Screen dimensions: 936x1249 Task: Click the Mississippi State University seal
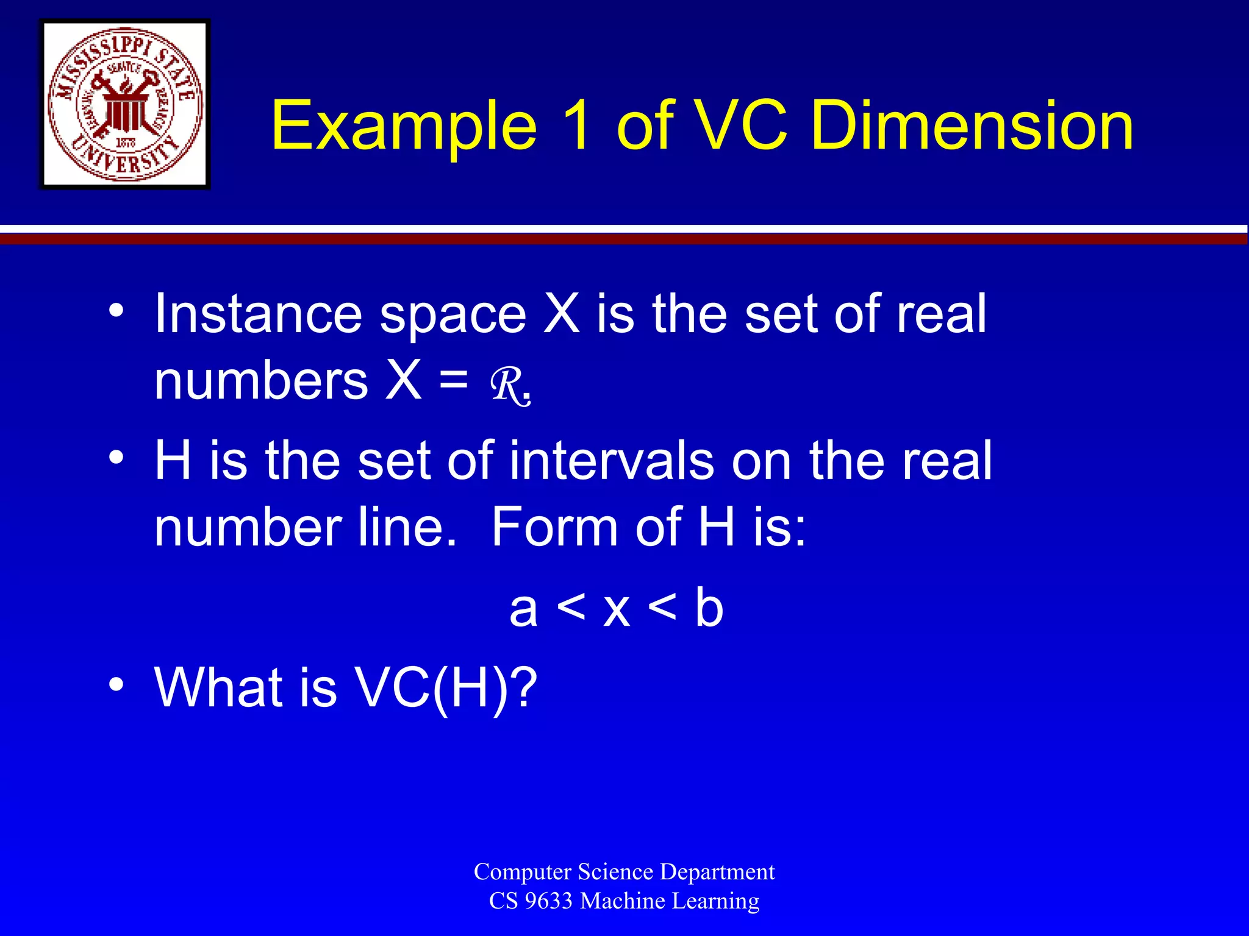pyautogui.click(x=125, y=104)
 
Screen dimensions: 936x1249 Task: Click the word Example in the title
pyautogui.click(x=404, y=126)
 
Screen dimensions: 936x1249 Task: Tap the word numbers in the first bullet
pyautogui.click(x=261, y=381)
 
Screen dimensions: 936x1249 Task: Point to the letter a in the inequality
pyautogui.click(x=523, y=609)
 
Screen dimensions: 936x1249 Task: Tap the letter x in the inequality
pyautogui.click(x=616, y=611)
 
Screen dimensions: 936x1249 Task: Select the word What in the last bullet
pyautogui.click(x=218, y=687)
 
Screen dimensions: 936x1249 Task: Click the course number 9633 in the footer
pyautogui.click(x=548, y=901)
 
